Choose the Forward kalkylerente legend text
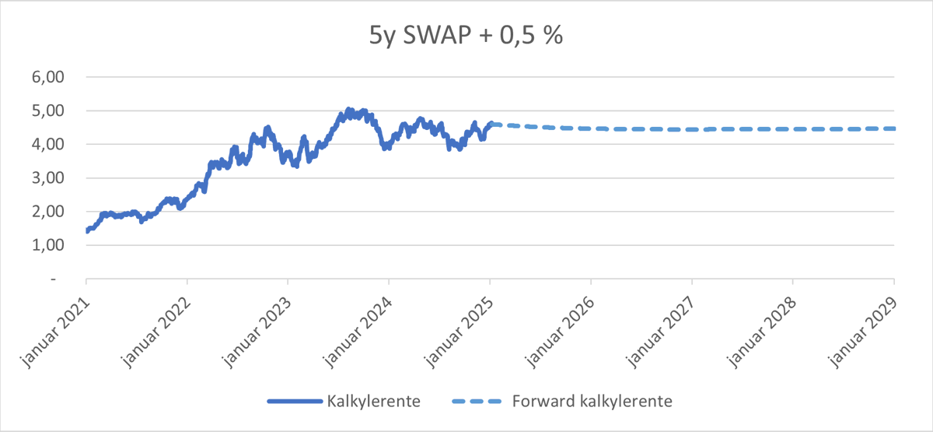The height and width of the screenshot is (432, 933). [592, 402]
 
